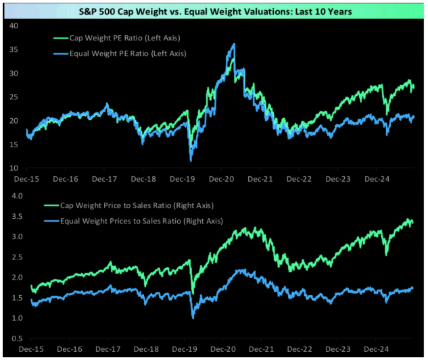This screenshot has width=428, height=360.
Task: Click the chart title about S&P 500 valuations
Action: coord(214,11)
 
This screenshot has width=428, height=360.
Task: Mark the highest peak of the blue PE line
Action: coord(234,45)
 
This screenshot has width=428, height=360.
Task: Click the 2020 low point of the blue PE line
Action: coord(191,160)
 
